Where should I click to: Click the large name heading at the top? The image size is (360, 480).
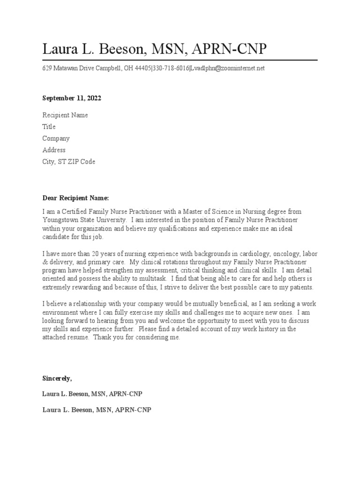(154, 49)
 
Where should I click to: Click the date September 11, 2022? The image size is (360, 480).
(72, 98)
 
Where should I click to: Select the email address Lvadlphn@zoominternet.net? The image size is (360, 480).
(227, 68)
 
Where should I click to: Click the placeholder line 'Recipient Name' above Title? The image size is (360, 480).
(65, 115)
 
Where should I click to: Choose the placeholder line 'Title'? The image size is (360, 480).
(49, 127)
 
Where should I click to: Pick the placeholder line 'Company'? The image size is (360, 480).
(56, 139)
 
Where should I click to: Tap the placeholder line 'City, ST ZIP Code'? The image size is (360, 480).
(68, 162)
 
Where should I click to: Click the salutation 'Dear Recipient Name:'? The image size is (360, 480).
(75, 198)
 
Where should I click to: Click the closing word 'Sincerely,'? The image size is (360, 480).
(57, 378)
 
